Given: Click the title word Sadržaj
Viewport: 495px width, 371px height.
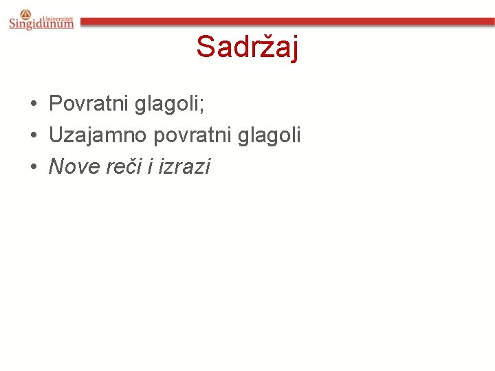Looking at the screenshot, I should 247,47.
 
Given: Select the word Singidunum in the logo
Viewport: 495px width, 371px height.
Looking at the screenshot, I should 41,24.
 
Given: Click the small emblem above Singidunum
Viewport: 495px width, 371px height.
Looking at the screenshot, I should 25,13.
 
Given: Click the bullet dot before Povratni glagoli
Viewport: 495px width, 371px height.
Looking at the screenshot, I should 33,104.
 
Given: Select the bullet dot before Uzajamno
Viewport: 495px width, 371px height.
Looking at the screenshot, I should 33,135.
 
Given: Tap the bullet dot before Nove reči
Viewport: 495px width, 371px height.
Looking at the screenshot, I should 33,166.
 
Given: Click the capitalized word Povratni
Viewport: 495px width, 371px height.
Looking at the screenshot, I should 89,104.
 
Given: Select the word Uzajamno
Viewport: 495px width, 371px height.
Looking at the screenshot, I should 98,135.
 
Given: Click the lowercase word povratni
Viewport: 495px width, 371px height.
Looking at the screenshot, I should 186,135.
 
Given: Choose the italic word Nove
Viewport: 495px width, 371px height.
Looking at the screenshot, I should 72,166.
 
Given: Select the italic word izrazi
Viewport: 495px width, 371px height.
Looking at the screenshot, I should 184,166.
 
